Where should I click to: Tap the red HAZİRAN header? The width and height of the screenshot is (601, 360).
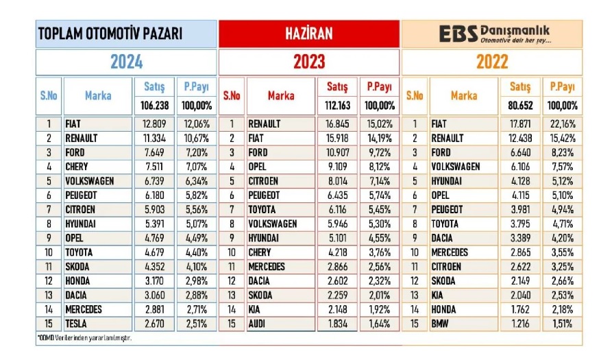(x=309, y=34)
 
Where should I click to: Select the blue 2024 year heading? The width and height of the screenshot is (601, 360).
(x=127, y=62)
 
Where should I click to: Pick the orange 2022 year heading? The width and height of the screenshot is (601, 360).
(x=491, y=62)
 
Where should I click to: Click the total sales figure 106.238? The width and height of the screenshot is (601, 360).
(x=154, y=106)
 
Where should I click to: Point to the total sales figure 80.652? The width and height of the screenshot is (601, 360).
(x=521, y=106)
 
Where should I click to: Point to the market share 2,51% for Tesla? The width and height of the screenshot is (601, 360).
(x=197, y=322)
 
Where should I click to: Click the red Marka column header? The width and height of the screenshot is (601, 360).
(x=281, y=95)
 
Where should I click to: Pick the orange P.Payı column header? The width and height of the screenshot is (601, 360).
(x=563, y=87)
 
